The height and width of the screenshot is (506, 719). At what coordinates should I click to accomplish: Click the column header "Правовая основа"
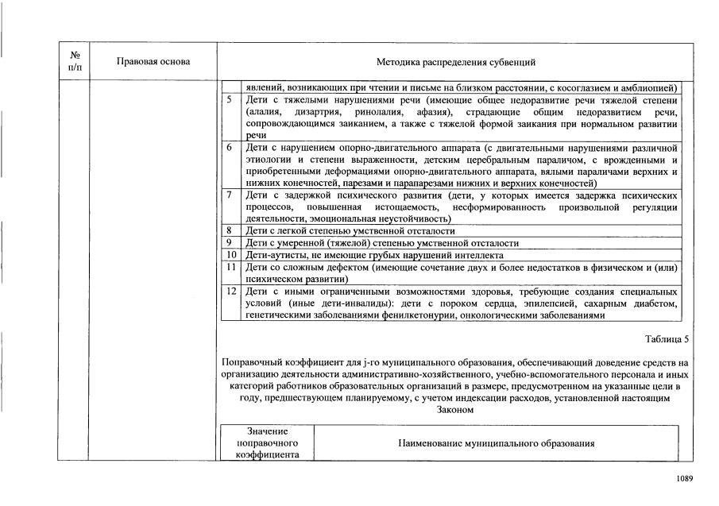153,61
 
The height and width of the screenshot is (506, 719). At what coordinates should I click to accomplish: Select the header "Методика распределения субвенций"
456,61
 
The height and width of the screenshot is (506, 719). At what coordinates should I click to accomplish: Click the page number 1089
685,478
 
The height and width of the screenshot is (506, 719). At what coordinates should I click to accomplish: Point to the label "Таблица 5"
667,339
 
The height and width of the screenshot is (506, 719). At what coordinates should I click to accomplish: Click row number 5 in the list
230,101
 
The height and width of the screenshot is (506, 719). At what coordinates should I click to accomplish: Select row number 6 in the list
230,148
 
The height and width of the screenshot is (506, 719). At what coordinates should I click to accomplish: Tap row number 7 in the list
230,195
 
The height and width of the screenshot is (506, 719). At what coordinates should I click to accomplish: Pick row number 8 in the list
229,230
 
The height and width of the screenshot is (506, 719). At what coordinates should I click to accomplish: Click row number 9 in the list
229,242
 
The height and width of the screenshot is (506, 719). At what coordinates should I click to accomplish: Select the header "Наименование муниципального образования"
496,443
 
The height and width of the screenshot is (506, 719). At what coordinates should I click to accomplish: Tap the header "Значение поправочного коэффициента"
267,443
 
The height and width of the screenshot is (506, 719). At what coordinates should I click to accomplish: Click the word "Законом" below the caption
455,410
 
